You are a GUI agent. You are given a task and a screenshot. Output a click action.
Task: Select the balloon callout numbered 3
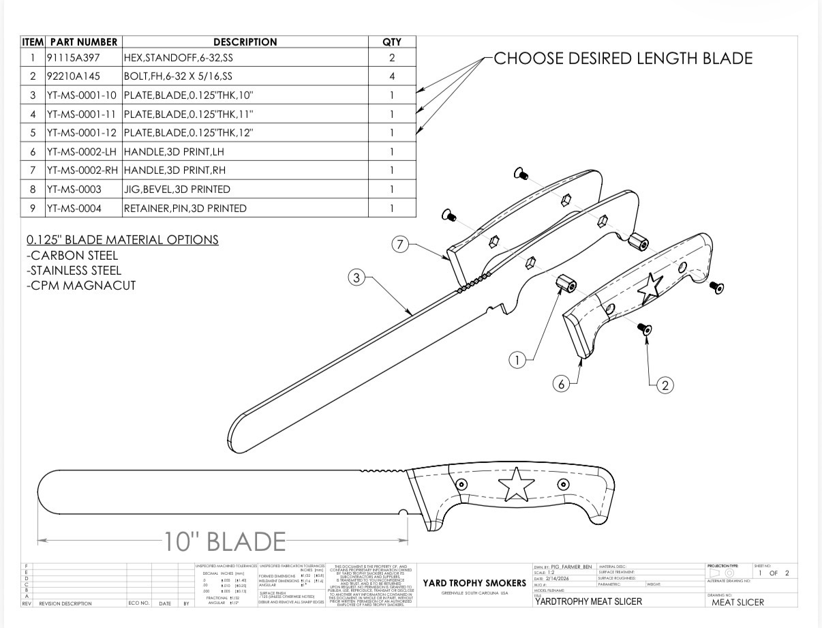(x=357, y=278)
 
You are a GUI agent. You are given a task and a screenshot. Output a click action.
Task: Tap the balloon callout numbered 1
(x=518, y=360)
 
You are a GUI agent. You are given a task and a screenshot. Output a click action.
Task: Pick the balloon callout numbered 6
(x=562, y=385)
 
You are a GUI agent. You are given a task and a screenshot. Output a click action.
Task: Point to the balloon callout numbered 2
(x=665, y=385)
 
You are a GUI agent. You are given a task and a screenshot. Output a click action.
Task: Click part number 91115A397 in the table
(x=74, y=59)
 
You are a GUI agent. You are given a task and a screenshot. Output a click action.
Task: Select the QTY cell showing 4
(x=392, y=76)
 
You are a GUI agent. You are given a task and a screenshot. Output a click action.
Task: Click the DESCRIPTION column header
(x=245, y=42)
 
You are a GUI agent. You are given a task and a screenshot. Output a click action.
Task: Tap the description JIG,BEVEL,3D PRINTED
(x=177, y=190)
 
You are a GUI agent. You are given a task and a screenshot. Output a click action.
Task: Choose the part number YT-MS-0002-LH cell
(x=82, y=151)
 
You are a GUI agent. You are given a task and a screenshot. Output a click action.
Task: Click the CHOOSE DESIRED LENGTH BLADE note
(x=622, y=59)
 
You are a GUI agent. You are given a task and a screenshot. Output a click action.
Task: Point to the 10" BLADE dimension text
(x=224, y=542)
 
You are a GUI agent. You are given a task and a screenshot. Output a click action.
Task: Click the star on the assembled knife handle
(x=515, y=485)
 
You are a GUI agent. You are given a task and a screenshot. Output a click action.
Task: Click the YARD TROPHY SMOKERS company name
(x=474, y=584)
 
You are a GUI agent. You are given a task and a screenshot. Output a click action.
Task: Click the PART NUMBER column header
(x=83, y=42)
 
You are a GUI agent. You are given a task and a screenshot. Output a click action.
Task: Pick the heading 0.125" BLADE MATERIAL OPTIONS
(x=123, y=240)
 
